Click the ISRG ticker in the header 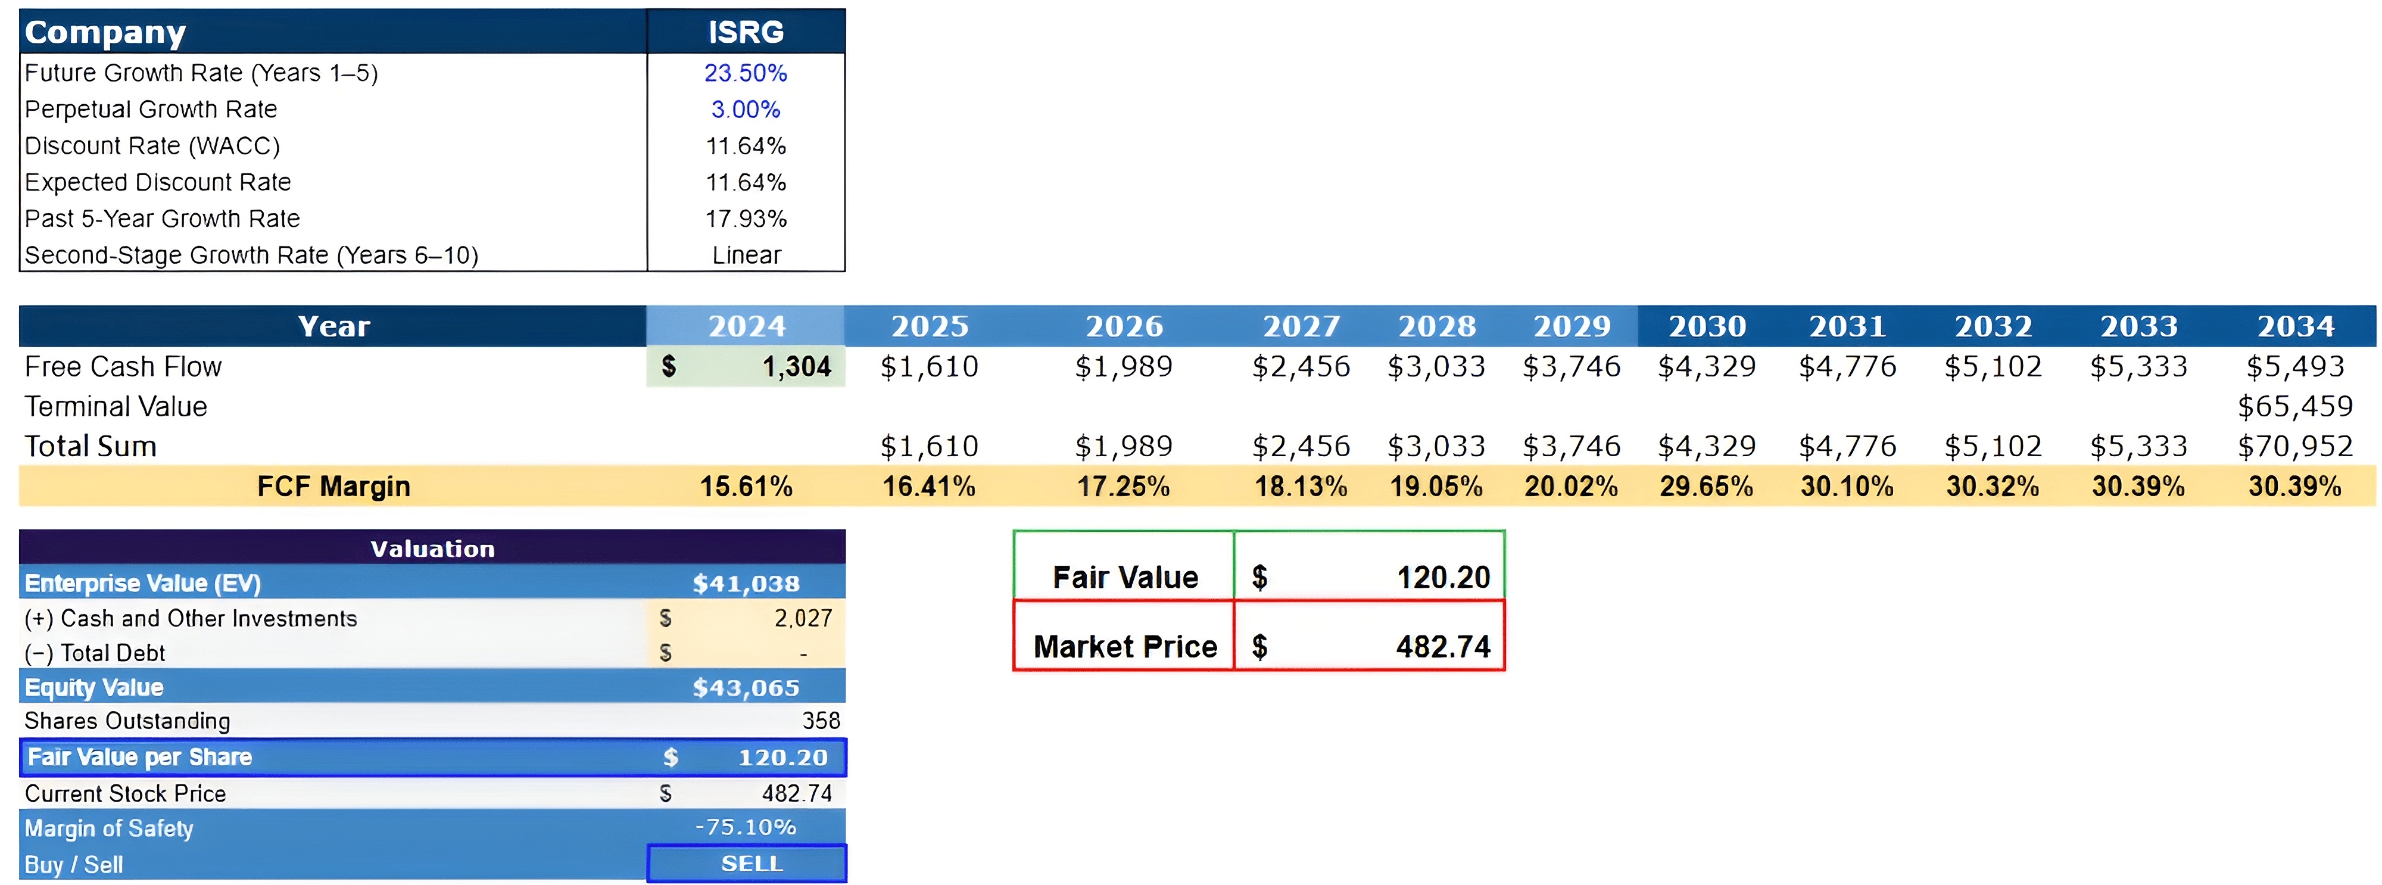pos(746,32)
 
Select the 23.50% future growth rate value pos(746,73)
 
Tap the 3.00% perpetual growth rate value pos(746,109)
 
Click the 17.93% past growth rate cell pos(746,219)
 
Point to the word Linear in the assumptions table pos(746,255)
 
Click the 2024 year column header pos(746,326)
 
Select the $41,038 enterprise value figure pos(746,584)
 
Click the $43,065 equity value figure pos(746,688)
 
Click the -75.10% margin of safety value pos(746,828)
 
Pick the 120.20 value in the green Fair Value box pos(1442,578)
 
